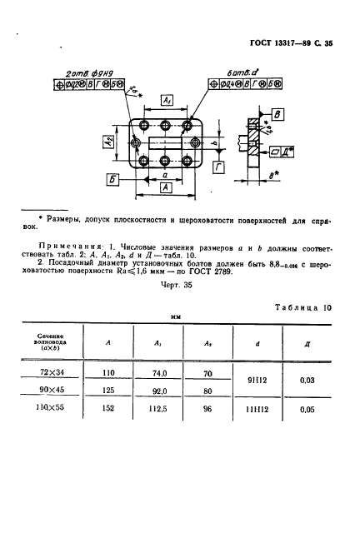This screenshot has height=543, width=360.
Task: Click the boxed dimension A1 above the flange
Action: (166, 100)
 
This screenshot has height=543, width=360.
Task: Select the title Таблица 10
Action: (302, 307)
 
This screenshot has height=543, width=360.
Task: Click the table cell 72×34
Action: (62, 375)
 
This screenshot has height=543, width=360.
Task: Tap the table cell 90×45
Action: (62, 391)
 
